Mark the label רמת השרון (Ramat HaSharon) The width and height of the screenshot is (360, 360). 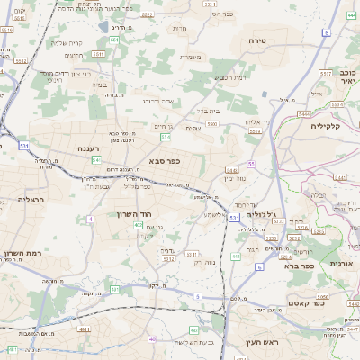[21, 256]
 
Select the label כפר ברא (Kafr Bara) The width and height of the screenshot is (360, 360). [296, 265]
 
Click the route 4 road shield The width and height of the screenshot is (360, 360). [90, 219]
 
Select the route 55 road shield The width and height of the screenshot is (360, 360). [251, 164]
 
